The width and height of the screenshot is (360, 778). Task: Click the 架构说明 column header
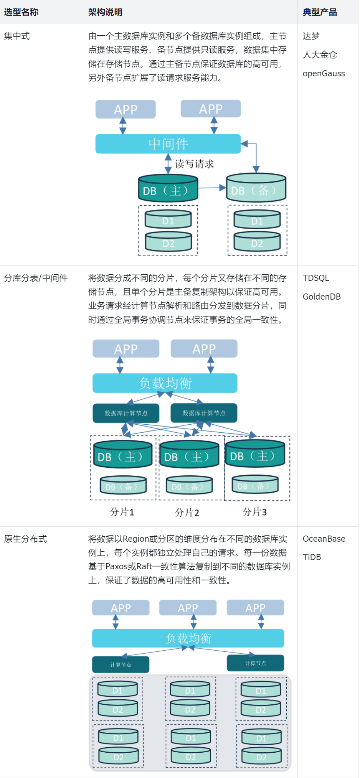(x=105, y=12)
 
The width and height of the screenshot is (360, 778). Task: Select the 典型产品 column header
(x=319, y=12)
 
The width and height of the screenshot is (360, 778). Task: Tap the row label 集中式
(x=17, y=36)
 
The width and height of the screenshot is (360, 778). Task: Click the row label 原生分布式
(x=25, y=539)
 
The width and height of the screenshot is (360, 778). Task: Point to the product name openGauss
(x=324, y=74)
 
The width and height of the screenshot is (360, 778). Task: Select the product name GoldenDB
(x=321, y=297)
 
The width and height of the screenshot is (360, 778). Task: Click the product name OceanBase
(x=324, y=539)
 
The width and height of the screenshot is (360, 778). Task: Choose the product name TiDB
(x=311, y=557)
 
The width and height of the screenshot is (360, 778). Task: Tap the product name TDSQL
(x=315, y=278)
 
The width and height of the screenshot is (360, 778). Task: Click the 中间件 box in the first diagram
(x=168, y=144)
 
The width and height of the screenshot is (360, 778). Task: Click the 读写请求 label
(x=194, y=164)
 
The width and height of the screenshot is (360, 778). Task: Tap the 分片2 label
(x=187, y=513)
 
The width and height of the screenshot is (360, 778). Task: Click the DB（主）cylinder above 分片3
(x=255, y=455)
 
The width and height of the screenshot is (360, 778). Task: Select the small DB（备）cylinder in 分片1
(x=123, y=486)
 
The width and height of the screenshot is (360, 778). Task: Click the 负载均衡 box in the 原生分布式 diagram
(x=188, y=638)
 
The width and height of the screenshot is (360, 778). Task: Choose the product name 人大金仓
(x=320, y=55)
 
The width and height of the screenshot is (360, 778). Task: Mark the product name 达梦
(x=311, y=36)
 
